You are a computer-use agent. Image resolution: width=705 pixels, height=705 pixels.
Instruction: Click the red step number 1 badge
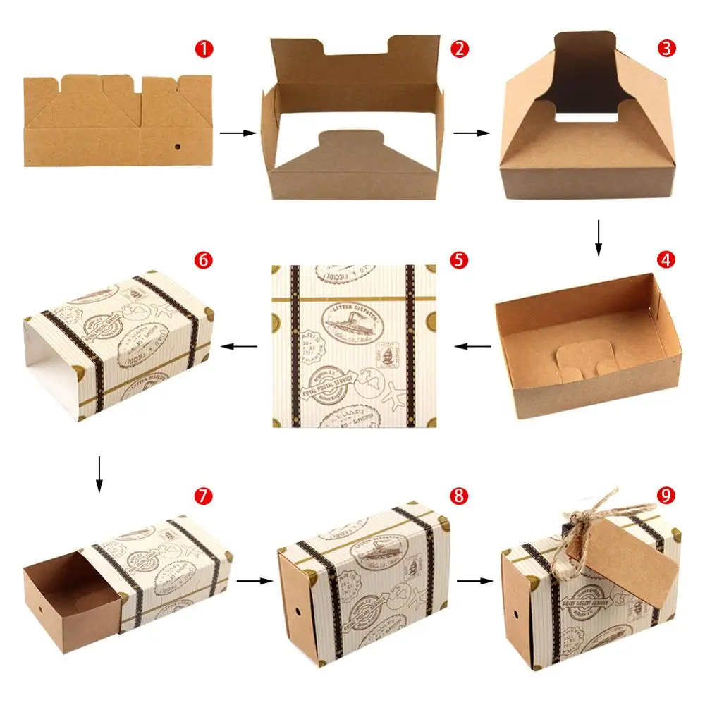204,49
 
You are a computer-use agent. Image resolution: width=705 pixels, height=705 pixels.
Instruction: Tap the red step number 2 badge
459,49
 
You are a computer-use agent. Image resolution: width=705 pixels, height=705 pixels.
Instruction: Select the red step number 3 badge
666,49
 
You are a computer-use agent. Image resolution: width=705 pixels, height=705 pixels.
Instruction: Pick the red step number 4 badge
666,260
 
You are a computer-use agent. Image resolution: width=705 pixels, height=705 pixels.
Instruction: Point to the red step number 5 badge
459,260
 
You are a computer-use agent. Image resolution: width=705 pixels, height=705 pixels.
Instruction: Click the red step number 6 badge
204,260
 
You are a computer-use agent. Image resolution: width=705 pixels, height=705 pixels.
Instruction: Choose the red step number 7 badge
204,496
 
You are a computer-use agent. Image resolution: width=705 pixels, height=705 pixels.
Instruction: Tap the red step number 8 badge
459,496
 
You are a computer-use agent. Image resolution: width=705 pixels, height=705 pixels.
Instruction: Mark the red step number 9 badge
666,496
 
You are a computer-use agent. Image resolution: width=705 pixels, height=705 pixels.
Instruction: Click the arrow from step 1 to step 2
233,133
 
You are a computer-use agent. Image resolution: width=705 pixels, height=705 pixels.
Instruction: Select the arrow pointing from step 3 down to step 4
599,238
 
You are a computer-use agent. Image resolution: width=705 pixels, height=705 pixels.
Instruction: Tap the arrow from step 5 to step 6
240,345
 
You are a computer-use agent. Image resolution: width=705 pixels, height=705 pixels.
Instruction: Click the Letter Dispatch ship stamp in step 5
352,325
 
